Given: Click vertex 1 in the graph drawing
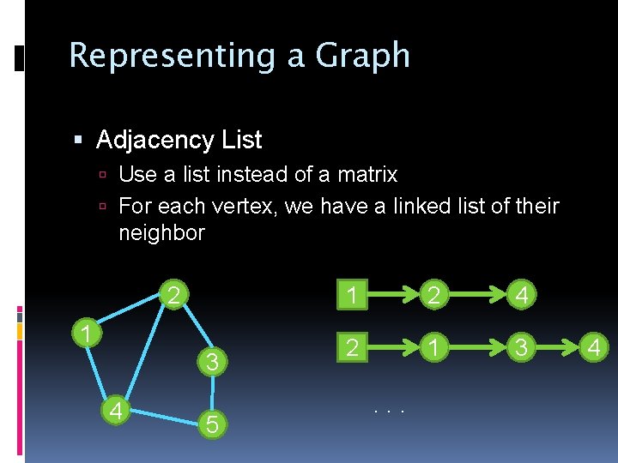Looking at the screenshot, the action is click(86, 332).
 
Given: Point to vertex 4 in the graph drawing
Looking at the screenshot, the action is click(114, 411).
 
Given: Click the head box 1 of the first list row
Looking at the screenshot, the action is click(351, 296).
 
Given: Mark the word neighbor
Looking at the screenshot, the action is click(161, 232).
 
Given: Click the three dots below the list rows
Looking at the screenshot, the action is click(389, 412).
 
